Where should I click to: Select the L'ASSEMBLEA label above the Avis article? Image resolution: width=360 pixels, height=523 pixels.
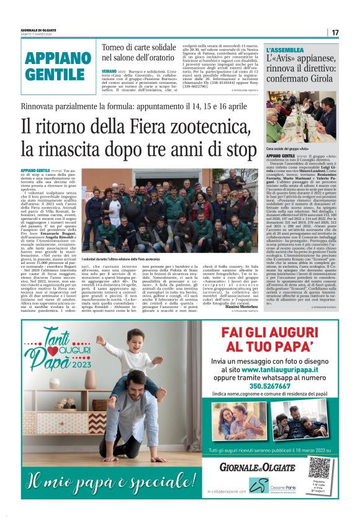tap(285, 49)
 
